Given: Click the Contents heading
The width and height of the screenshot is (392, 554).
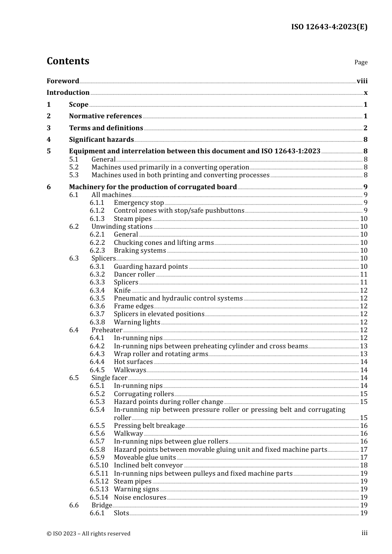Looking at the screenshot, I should point(68,61).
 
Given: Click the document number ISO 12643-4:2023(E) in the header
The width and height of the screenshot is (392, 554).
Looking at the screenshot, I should point(329,27).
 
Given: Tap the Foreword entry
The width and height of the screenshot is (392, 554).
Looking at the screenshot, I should point(63,81).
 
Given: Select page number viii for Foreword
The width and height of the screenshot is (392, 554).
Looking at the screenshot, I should point(362,81).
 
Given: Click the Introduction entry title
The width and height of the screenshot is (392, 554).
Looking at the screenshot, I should point(68,92).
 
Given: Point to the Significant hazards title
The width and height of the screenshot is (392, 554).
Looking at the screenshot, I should point(101,139).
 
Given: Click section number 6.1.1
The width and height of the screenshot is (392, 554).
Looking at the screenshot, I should point(97,202).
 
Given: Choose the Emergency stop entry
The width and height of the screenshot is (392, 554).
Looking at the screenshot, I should point(139,202).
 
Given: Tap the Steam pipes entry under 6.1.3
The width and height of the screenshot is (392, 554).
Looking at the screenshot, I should point(132,218).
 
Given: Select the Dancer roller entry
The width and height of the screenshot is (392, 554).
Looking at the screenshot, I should point(134,274).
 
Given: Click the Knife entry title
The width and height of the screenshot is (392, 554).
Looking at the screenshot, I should point(122,290).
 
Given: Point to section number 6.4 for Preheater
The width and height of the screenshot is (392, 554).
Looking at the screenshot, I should point(74,330).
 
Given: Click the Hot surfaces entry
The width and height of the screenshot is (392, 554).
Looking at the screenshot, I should point(133,362).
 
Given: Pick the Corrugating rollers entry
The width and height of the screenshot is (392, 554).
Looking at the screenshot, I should point(144,394).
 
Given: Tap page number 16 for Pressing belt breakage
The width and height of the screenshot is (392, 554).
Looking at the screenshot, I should point(364,425).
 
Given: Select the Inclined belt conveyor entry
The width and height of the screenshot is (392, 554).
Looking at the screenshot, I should point(148,465).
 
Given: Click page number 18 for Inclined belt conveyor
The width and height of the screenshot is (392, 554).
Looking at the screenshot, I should point(364,465).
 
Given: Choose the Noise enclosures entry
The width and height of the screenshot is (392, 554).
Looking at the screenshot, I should point(140,497).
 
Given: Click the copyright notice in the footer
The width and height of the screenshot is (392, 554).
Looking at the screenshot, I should point(88,533).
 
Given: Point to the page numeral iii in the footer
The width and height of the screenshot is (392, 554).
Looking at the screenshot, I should point(364,533).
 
